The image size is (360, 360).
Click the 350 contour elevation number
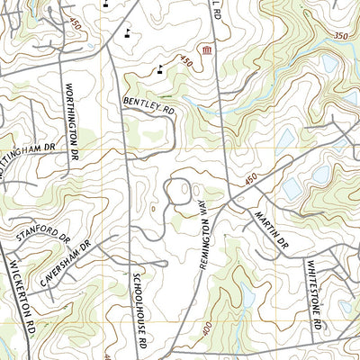[x=340, y=34]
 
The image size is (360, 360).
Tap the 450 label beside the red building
[x=185, y=62]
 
